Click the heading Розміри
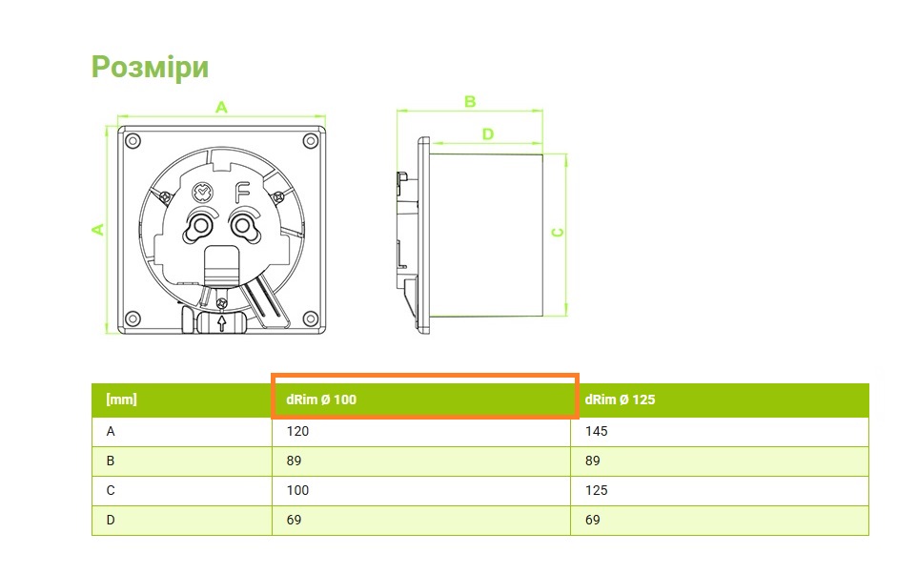[150, 67]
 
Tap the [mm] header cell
[121, 400]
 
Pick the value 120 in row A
[297, 431]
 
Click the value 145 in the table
[596, 431]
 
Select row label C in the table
[111, 490]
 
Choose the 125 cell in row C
[596, 490]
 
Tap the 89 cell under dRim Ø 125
[592, 461]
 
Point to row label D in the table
[111, 520]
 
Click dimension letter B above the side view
[469, 101]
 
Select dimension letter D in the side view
[487, 134]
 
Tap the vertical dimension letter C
[559, 232]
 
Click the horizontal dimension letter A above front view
[221, 107]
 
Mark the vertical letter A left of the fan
[96, 229]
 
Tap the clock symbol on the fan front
[202, 193]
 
